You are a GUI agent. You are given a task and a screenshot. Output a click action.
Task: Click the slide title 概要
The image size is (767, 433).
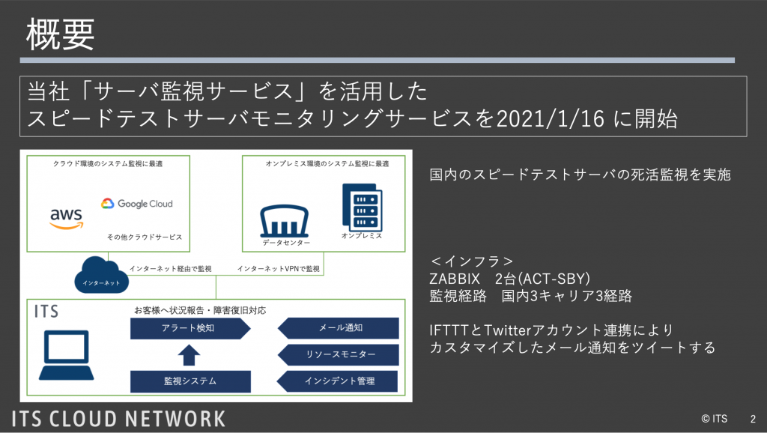coord(60,34)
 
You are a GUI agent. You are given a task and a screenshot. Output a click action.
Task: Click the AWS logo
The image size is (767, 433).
coord(67,218)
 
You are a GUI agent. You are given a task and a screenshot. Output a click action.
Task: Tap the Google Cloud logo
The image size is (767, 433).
coord(137,204)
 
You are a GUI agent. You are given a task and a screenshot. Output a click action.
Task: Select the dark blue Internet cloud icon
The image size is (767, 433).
coord(101,275)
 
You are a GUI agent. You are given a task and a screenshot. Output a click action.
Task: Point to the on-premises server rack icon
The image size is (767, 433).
coord(362,207)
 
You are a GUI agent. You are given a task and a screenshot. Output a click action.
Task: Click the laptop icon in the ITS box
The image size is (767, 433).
coord(67,355)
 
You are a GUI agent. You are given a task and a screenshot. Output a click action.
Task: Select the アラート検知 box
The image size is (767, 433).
coord(190,328)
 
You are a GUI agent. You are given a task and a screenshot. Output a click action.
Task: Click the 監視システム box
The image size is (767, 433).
coord(190,381)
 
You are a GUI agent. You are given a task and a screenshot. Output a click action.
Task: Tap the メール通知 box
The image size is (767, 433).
coord(338,328)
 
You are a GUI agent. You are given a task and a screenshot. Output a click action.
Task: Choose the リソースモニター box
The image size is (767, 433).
coord(338,355)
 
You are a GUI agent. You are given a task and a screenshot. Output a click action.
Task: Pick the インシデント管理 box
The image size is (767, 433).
coord(338,381)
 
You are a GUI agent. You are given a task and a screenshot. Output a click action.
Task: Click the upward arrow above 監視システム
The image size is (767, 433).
coord(189,355)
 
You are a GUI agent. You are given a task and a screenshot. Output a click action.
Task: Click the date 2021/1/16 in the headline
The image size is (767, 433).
coord(551,119)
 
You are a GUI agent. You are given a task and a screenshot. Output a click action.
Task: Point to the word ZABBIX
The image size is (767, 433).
coord(455,279)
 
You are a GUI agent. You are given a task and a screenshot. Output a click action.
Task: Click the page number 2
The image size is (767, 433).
coord(753,419)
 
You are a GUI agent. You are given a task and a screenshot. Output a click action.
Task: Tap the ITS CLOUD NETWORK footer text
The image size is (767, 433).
coord(118,420)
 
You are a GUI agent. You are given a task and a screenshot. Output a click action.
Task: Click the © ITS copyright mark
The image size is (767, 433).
coord(714,419)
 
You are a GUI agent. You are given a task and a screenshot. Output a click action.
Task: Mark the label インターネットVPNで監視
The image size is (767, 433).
coord(279,269)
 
